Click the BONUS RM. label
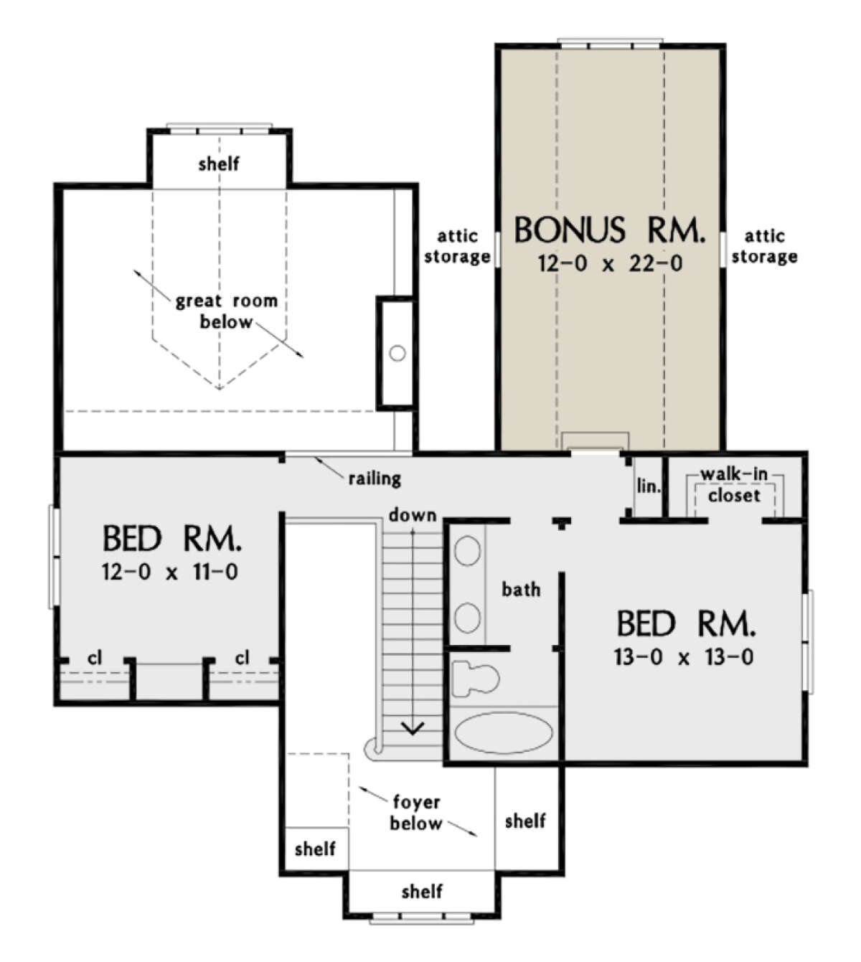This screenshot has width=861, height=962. [609, 230]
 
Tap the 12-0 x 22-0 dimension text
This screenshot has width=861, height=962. [610, 263]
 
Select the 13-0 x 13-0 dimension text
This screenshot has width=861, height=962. [683, 657]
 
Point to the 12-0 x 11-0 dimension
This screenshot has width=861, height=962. [170, 572]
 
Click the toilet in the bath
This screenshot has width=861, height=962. [475, 679]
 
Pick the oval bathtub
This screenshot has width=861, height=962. [504, 732]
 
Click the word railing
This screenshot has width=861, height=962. [375, 478]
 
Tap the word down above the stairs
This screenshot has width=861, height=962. [413, 514]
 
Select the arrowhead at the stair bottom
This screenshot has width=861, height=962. [413, 728]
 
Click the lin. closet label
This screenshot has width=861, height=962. [649, 486]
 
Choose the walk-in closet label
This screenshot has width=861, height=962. [734, 485]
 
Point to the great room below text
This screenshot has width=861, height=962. [227, 311]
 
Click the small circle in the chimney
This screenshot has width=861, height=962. [397, 353]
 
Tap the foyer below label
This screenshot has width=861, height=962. [416, 813]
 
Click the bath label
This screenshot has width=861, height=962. [521, 590]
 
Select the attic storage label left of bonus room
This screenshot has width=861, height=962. [457, 246]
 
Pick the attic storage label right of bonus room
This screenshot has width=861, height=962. [765, 246]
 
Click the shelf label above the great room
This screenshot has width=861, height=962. [219, 164]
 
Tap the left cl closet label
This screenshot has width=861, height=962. [95, 657]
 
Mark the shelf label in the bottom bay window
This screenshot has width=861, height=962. [422, 891]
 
